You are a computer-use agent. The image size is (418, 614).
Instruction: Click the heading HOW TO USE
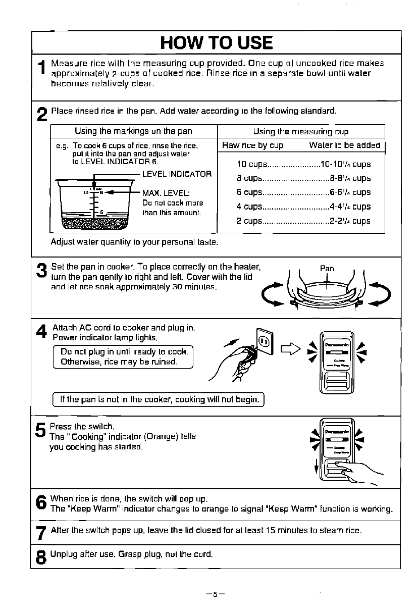[x=216, y=42]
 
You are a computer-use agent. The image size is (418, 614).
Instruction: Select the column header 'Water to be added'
[x=344, y=145]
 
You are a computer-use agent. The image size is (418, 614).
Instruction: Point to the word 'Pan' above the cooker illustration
[x=327, y=268]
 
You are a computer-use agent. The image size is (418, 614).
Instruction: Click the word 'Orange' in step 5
[x=160, y=436]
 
